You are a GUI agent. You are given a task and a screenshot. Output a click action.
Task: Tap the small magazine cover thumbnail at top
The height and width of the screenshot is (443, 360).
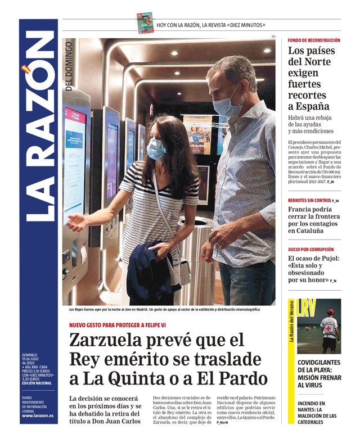145,23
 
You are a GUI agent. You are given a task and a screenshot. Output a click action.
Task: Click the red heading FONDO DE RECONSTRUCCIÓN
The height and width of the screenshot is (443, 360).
313,40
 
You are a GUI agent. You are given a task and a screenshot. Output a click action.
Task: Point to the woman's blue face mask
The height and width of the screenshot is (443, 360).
156,149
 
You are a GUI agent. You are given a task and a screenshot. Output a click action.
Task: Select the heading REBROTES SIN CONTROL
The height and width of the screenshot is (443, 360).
309,200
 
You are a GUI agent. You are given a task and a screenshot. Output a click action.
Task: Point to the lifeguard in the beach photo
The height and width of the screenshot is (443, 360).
329,330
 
